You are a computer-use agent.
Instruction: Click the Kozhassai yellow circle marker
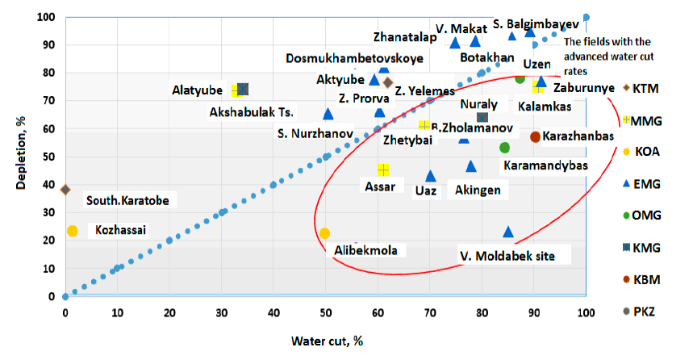click(73, 231)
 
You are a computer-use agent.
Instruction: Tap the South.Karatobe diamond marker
click(65, 190)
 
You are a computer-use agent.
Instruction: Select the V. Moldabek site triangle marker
click(508, 232)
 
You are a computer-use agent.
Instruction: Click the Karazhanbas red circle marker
click(536, 136)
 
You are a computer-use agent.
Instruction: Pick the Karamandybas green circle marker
click(505, 148)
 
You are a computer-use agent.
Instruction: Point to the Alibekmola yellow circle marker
click(325, 233)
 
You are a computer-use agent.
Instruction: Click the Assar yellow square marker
click(383, 170)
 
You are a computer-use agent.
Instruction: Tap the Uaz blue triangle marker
click(431, 175)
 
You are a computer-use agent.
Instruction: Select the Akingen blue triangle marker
click(471, 166)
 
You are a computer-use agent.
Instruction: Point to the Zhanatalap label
click(405, 36)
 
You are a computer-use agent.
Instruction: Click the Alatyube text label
click(198, 89)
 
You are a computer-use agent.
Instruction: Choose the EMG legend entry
click(645, 184)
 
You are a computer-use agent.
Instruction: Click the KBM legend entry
click(645, 280)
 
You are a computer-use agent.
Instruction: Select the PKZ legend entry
click(645, 311)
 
